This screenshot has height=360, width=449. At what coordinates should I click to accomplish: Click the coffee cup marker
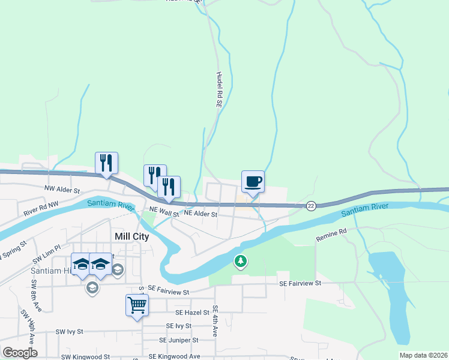click(253, 181)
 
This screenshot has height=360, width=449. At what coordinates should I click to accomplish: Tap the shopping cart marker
click(137, 305)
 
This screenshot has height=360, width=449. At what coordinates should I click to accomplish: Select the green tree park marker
click(240, 261)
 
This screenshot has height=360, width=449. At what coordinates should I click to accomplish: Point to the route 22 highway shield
click(310, 206)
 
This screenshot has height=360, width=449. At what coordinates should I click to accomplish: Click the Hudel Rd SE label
click(219, 90)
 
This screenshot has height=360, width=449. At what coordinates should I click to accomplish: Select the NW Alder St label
click(62, 190)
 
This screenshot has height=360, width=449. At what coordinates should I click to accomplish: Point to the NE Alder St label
click(200, 213)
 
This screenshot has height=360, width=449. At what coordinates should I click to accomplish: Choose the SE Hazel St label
click(192, 313)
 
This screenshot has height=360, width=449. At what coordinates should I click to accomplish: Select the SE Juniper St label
click(178, 340)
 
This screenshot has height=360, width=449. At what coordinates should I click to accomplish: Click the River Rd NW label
click(41, 209)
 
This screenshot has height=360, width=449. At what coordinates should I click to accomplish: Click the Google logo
click(20, 353)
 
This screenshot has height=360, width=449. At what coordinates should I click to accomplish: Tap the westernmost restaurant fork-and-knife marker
click(106, 163)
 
